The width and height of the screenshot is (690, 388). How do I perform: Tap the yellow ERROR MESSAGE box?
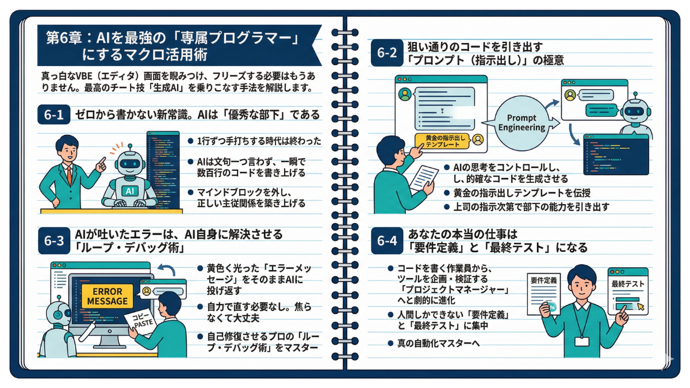click(107, 295)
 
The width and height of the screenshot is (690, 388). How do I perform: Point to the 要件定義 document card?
click(543, 293)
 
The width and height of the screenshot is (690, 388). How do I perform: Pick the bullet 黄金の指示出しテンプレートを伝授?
click(522, 193)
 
